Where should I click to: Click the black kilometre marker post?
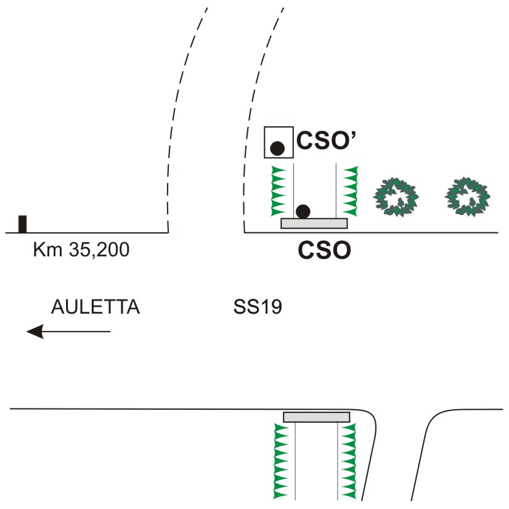[22, 224]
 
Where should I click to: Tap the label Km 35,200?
[81, 250]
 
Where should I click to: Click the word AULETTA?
[96, 307]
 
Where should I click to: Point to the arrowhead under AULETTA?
[35, 332]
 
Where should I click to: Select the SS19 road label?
[258, 307]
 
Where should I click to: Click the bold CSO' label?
[326, 140]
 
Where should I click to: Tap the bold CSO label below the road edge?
[324, 250]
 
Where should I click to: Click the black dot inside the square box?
[277, 149]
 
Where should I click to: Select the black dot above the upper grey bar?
[303, 211]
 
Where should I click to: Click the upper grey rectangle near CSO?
[314, 223]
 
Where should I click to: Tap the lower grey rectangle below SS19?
[317, 417]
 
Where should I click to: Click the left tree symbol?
[396, 197]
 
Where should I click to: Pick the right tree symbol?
[467, 197]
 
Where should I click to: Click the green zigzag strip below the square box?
[278, 191]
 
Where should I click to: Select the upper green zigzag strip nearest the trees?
[351, 191]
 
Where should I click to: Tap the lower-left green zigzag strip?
[281, 461]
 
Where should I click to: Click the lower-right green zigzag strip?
[349, 461]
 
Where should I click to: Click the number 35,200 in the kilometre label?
[99, 250]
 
